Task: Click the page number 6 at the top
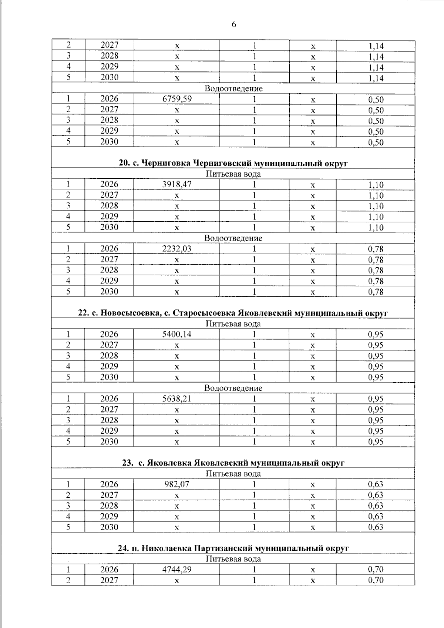pyautogui.click(x=233, y=24)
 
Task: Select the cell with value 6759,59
pyautogui.click(x=177, y=99)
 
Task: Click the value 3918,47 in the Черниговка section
pyautogui.click(x=177, y=184)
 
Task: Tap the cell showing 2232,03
pyautogui.click(x=177, y=249)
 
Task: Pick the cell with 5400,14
pyautogui.click(x=177, y=335)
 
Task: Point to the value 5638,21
pyautogui.click(x=177, y=399)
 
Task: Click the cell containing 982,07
pyautogui.click(x=177, y=484)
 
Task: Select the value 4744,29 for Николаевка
pyautogui.click(x=177, y=570)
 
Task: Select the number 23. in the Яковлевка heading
pyautogui.click(x=128, y=463)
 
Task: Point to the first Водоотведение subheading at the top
pyautogui.click(x=233, y=88)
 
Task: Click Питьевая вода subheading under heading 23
pyautogui.click(x=233, y=474)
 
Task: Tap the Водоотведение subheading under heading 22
pyautogui.click(x=233, y=388)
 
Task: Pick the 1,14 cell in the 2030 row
pyautogui.click(x=376, y=78)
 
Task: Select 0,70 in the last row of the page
pyautogui.click(x=376, y=580)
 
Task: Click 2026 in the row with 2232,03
pyautogui.click(x=109, y=249)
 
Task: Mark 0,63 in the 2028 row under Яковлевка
pyautogui.click(x=376, y=506)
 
